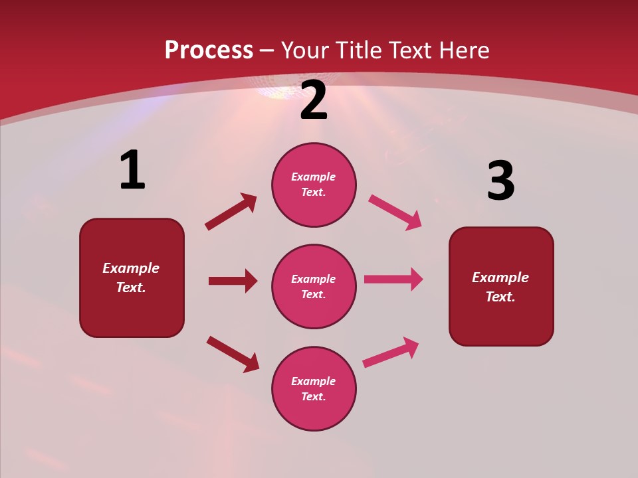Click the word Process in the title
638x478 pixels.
coord(209,50)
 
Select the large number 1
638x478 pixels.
coord(132,171)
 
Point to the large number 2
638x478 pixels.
coord(314,101)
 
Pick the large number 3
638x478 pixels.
coord(500,181)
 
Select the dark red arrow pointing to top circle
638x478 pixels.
coord(231,212)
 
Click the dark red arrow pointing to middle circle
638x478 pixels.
coord(233,281)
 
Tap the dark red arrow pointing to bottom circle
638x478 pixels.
coord(233,354)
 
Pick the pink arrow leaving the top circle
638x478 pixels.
coord(395,212)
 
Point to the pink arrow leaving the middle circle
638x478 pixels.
coord(393,279)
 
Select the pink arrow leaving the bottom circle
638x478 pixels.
coord(391,352)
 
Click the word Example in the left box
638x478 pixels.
coord(131,268)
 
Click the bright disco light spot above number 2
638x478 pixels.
coord(279,92)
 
